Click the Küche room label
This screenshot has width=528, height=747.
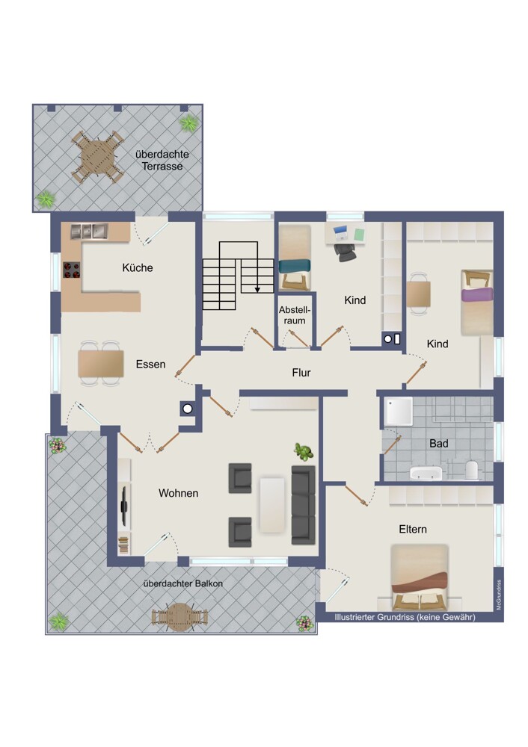point(138,267)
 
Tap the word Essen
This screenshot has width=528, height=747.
point(151,365)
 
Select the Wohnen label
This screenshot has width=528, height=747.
point(179,493)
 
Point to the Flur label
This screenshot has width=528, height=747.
point(301,373)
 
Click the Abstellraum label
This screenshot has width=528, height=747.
point(295,315)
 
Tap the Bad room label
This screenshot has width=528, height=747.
point(439,444)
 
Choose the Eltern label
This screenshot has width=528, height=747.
point(413,530)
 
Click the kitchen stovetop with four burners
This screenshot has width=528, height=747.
point(72,270)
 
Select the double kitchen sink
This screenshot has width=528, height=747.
point(89,231)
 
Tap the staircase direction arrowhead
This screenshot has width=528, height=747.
point(257,289)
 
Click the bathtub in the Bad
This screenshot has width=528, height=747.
point(426,473)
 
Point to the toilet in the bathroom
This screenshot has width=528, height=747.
point(471,469)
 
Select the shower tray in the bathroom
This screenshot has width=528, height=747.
point(399,411)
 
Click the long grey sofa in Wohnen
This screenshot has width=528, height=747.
point(304,505)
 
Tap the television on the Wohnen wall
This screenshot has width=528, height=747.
point(124,506)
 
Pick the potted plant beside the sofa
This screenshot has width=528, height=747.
point(304,451)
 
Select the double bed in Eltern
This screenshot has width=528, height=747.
point(420,577)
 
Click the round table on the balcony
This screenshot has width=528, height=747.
point(179,617)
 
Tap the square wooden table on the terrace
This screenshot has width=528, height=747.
point(97,156)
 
